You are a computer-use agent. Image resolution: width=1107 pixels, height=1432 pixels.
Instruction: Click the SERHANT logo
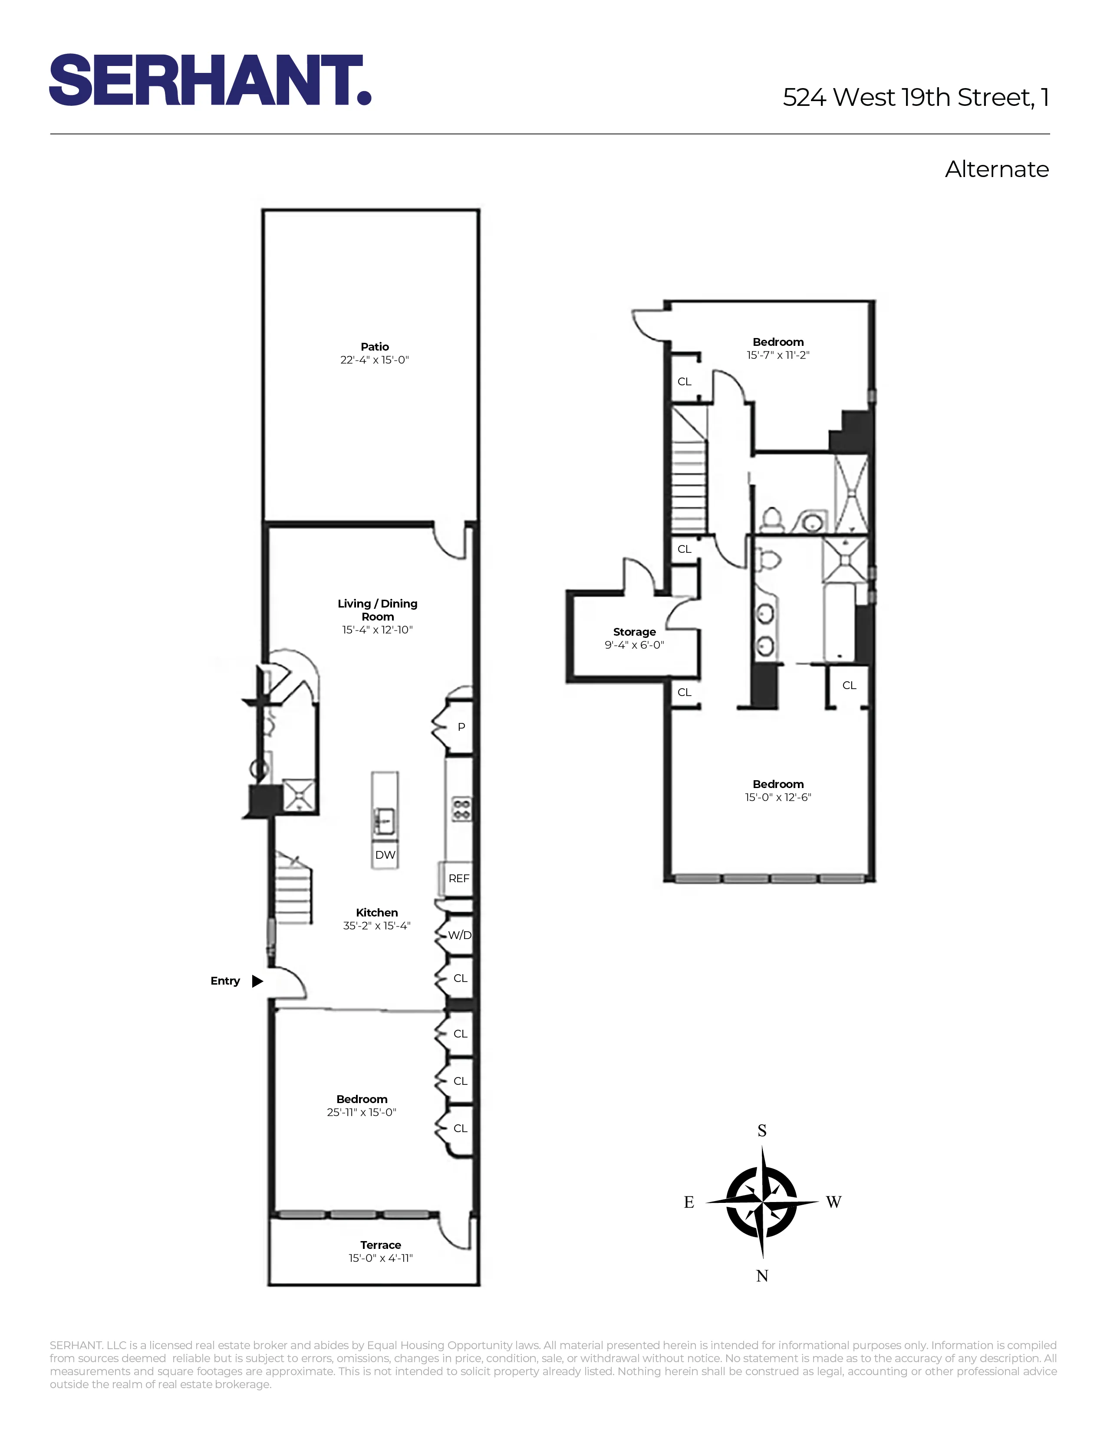tap(210, 80)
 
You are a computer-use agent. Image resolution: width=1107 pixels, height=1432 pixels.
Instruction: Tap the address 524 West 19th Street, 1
tap(916, 98)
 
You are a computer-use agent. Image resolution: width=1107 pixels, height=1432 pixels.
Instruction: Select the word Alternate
tap(996, 170)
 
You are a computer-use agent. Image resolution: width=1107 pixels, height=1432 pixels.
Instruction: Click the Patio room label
tap(375, 347)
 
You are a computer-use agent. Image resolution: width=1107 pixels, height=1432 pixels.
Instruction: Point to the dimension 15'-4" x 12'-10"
tap(377, 630)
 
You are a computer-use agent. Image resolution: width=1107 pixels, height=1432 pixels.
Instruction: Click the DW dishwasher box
tap(385, 855)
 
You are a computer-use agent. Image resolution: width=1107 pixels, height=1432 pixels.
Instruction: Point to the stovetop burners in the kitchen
tap(461, 808)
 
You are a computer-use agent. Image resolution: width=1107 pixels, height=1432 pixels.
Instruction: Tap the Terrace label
tap(380, 1245)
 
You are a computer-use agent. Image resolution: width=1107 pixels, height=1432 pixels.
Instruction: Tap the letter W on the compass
tap(834, 1202)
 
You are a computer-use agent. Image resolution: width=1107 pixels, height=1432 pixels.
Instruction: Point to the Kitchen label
tap(376, 913)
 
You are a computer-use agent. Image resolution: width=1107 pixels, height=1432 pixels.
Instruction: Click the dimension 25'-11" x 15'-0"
tap(361, 1113)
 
